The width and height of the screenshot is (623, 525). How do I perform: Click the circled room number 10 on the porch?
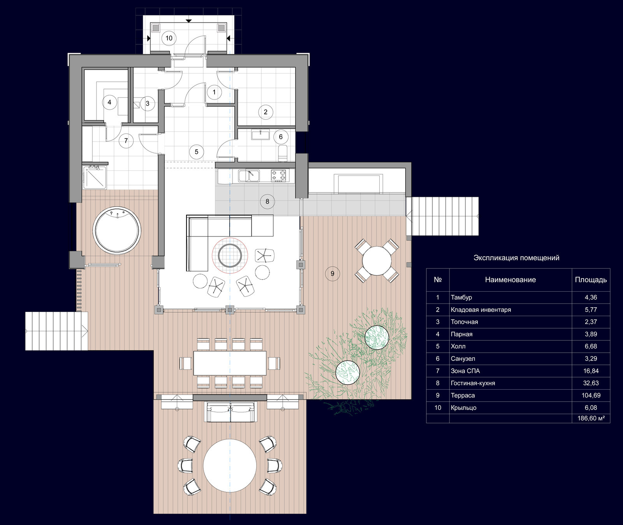(169, 38)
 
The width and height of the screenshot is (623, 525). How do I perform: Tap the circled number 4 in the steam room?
(109, 102)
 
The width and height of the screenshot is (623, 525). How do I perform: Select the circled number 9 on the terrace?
(332, 273)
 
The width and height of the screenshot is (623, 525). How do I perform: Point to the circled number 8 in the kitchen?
(267, 201)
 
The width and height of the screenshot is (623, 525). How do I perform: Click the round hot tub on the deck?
(117, 230)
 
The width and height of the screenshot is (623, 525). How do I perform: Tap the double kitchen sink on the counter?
(249, 176)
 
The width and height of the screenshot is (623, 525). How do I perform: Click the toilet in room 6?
(283, 153)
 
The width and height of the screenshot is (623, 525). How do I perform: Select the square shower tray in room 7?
(94, 177)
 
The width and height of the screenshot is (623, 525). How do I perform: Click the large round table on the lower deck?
(230, 465)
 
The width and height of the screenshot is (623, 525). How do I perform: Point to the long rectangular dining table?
(230, 363)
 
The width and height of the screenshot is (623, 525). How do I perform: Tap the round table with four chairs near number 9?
(377, 261)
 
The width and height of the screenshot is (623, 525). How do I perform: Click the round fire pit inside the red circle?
(230, 255)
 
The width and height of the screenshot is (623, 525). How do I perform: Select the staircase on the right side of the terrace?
(442, 216)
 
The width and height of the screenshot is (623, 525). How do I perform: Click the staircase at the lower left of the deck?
(56, 331)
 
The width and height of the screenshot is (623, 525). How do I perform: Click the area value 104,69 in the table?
(591, 395)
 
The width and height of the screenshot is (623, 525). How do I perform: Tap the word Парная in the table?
(461, 334)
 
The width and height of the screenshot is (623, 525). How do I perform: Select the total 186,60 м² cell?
(591, 418)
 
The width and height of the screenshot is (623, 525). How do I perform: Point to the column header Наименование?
(510, 280)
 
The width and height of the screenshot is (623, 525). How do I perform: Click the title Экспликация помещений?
(516, 257)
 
